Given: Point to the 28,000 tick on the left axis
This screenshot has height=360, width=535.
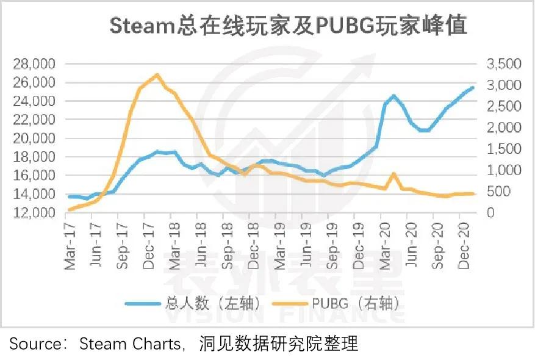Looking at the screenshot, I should point(36,64).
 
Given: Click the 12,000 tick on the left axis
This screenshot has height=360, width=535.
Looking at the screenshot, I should point(36,213).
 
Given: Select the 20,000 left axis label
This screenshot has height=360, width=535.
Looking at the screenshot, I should point(36,139).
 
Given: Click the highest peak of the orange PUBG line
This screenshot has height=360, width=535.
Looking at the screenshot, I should point(157,74).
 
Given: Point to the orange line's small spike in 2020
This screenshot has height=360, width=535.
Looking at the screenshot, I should point(393,174).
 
